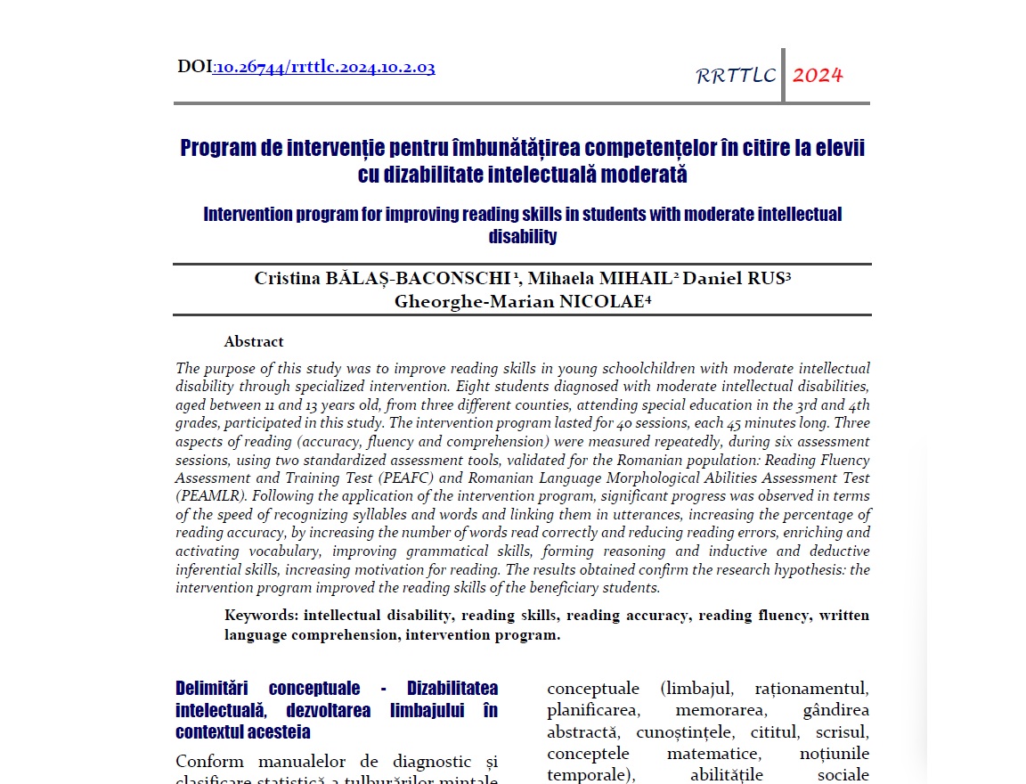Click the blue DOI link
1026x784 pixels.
[324, 67]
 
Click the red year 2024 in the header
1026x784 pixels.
[818, 75]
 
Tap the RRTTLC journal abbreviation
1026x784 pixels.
[736, 76]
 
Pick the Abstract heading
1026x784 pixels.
[254, 341]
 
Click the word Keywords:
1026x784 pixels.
[262, 615]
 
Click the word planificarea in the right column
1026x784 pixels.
[588, 710]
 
